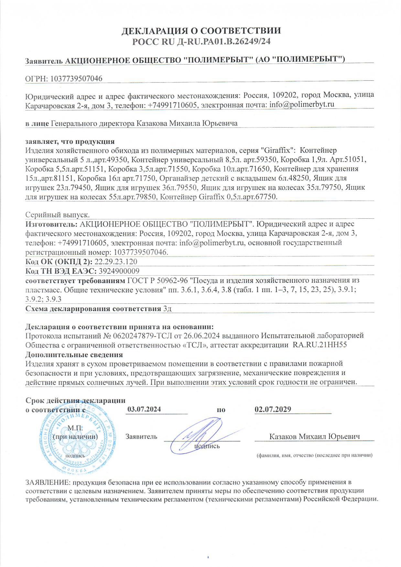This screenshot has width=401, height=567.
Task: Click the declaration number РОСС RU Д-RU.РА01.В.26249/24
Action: (201, 41)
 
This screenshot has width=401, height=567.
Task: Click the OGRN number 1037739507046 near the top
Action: (76, 78)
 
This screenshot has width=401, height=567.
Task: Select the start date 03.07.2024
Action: (144, 409)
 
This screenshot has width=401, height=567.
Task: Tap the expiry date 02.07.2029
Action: (273, 409)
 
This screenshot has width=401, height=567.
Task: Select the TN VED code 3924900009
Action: (119, 271)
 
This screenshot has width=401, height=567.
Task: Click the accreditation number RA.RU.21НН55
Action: (320, 344)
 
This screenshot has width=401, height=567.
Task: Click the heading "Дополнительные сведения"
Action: (74, 354)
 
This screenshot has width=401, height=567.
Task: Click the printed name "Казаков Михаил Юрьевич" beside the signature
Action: (315, 436)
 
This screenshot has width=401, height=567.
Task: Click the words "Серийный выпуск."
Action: (58, 215)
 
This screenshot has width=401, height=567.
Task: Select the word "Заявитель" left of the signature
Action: (141, 436)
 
